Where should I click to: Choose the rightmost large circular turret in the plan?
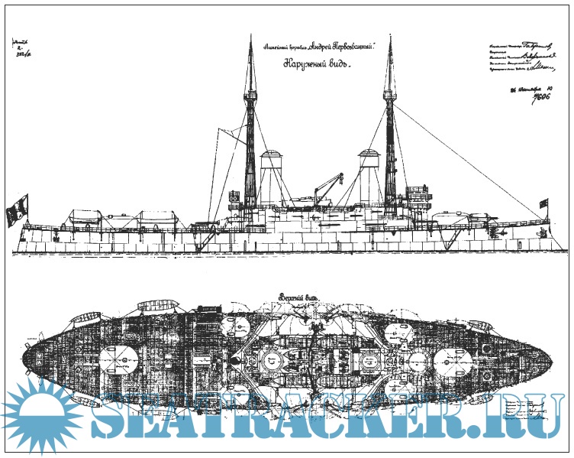pyautogui.click(x=457, y=358)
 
